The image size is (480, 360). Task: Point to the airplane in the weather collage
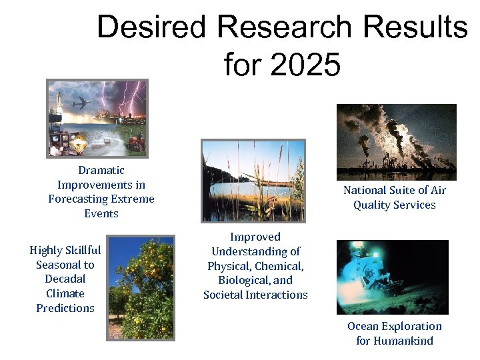81,103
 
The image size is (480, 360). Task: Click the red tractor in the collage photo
136,141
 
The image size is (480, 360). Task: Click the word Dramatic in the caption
101,170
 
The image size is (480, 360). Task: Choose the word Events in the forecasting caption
101,213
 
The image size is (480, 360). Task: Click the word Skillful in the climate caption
79,250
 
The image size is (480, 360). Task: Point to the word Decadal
65,279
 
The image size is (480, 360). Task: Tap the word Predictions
65,308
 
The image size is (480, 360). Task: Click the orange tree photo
141,287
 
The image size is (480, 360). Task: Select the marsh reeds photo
253,181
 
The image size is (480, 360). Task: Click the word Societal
227,295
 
